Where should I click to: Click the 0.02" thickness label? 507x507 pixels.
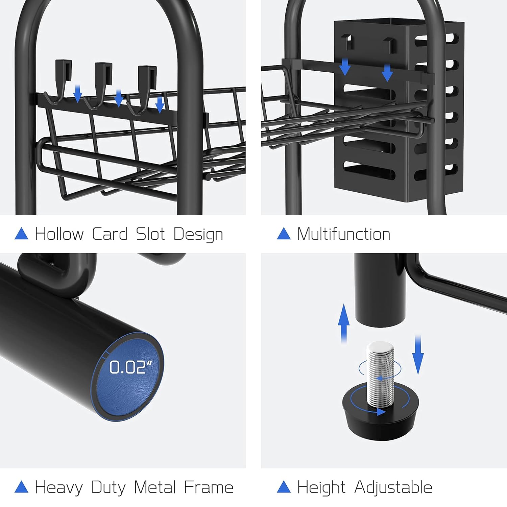[131, 367]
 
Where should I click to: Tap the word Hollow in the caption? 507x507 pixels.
[59, 234]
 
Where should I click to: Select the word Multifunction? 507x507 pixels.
[344, 234]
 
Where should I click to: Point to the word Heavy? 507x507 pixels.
[59, 488]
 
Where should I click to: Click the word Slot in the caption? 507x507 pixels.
[150, 234]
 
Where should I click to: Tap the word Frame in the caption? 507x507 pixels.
[209, 487]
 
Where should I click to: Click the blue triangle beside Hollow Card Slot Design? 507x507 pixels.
[21, 234]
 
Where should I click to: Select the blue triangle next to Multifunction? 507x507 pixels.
[284, 234]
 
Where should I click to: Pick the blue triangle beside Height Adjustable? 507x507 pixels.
[284, 487]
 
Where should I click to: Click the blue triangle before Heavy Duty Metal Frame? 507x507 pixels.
[21, 487]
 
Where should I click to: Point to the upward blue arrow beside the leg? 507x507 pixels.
[344, 323]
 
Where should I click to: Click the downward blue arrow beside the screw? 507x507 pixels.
[418, 355]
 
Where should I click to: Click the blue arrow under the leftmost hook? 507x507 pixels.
[78, 94]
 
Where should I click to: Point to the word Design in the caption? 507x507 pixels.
[198, 235]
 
